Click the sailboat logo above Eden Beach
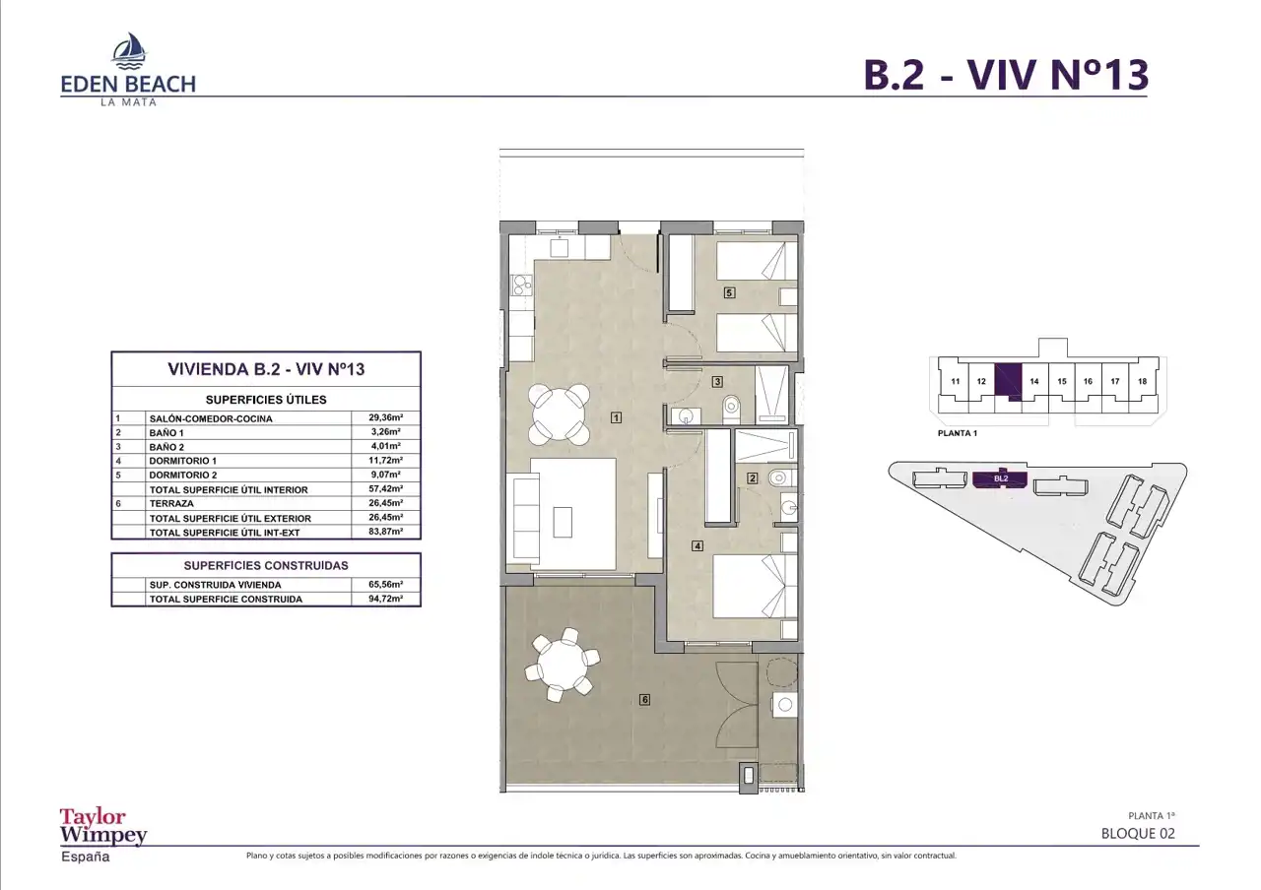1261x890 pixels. (x=129, y=50)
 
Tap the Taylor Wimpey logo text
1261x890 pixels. (x=103, y=826)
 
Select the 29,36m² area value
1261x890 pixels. (x=385, y=418)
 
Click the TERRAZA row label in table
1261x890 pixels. (x=171, y=503)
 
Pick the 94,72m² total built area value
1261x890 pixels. (x=385, y=599)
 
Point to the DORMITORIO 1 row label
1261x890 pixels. (x=182, y=461)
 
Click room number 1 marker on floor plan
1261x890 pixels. (x=617, y=417)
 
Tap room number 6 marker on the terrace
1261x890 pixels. (x=644, y=699)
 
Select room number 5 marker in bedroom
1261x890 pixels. (x=729, y=292)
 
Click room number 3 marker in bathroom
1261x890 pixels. (x=717, y=382)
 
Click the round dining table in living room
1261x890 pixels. (x=559, y=414)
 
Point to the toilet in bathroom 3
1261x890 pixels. (x=731, y=408)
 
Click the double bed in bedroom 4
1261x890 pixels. (x=756, y=586)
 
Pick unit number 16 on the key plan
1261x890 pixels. (x=1088, y=381)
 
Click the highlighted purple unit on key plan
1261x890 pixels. (x=1008, y=381)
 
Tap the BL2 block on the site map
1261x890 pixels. (x=1000, y=478)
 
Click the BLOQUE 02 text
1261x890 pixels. (x=1138, y=833)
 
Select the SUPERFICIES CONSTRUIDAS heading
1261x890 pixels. (x=266, y=565)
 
